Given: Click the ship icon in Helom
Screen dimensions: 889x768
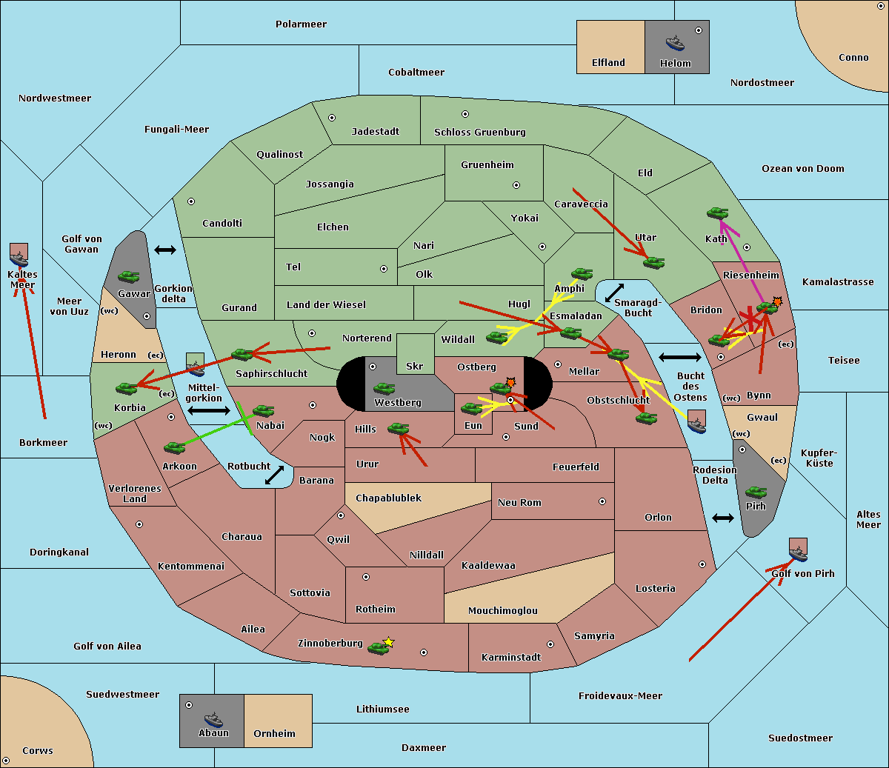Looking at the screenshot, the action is click(x=675, y=43).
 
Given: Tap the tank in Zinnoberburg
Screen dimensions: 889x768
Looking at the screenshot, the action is click(x=378, y=648).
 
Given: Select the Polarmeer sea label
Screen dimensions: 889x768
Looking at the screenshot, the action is click(x=301, y=24).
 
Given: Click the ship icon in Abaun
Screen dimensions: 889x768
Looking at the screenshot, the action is click(x=213, y=719).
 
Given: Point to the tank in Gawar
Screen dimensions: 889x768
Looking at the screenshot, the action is click(x=129, y=276).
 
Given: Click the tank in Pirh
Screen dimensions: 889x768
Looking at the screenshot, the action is click(x=756, y=492).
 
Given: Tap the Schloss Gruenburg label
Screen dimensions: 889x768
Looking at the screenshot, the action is click(x=480, y=132).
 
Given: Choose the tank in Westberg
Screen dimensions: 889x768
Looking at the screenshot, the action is click(x=384, y=388).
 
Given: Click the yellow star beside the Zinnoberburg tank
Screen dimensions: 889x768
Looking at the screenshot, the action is click(x=388, y=642).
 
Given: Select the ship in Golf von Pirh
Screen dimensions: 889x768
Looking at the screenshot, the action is click(x=799, y=554).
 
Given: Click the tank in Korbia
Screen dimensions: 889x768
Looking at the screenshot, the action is click(x=127, y=388).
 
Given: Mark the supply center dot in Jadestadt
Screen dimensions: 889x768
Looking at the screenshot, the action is click(x=332, y=118).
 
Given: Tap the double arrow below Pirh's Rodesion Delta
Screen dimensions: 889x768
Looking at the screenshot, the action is click(x=723, y=518).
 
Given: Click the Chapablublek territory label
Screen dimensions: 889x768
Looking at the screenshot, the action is click(x=388, y=498).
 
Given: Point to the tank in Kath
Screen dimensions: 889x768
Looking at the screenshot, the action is click(x=717, y=213).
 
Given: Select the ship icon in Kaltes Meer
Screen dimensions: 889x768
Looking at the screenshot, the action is click(x=19, y=259).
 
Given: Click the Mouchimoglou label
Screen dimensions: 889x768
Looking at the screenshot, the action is click(x=503, y=610).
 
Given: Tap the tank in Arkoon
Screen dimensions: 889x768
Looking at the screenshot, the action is click(x=175, y=447).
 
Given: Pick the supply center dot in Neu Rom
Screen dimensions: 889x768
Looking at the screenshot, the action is click(x=602, y=501).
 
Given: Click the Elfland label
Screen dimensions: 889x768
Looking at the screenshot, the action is click(x=608, y=63).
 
